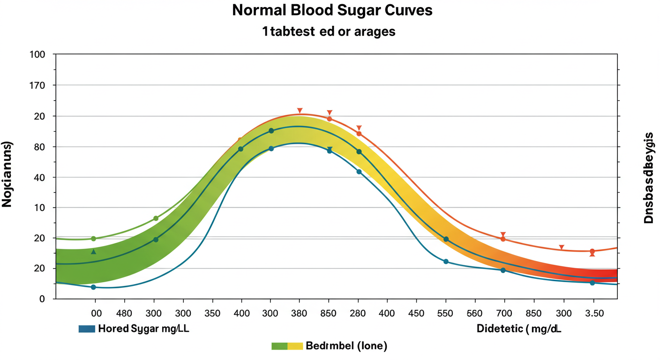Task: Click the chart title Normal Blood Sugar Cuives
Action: [332, 11]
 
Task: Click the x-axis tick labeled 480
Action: [124, 313]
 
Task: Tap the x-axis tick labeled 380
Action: [299, 313]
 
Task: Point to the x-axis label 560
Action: [475, 313]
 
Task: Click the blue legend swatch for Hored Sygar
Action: [87, 329]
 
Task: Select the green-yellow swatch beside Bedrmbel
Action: [287, 346]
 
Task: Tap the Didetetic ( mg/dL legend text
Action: [519, 329]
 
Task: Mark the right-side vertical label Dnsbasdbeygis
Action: [649, 177]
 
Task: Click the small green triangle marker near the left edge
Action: [93, 252]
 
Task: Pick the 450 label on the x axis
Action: [416, 313]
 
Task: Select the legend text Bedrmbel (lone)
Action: [346, 346]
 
